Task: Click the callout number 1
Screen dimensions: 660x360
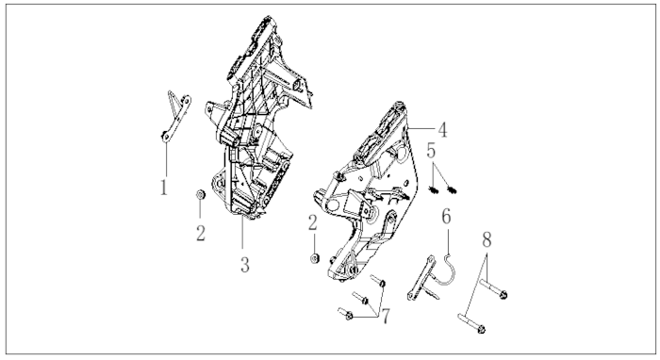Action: (164, 188)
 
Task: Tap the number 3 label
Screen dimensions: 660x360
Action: (244, 265)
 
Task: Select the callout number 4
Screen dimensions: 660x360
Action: (442, 130)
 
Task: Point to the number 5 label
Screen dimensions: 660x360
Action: (431, 151)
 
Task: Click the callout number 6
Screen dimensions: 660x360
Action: (446, 216)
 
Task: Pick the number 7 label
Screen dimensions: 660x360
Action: (386, 317)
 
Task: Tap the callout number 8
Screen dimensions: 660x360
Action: (487, 240)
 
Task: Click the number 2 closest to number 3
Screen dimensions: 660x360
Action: (201, 233)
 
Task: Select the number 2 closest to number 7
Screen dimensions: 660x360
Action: (312, 223)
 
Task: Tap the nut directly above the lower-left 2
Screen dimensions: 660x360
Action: (200, 195)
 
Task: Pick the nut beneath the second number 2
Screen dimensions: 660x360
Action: (314, 258)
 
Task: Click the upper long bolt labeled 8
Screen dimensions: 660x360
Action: (493, 289)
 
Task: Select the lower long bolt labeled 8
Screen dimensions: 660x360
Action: (471, 323)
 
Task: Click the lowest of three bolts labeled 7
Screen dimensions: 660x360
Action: (345, 313)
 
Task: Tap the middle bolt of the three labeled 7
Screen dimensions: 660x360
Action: (361, 298)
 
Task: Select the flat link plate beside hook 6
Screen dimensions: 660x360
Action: (421, 278)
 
